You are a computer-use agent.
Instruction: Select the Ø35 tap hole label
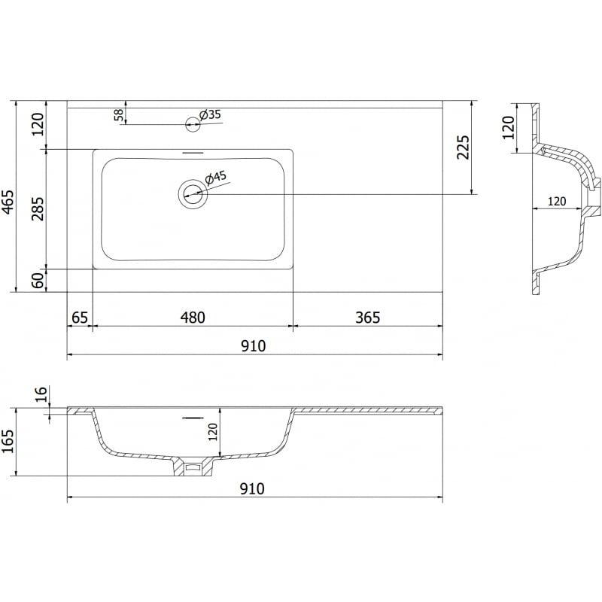point(209,114)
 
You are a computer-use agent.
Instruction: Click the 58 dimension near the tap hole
point(118,114)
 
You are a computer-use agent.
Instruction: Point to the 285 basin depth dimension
point(38,208)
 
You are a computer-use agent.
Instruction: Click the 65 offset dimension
point(79,318)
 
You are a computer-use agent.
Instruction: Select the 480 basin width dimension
point(193,318)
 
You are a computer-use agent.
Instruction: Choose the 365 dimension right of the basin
point(367,318)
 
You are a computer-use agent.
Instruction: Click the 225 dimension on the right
point(464,147)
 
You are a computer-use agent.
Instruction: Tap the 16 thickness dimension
point(41,393)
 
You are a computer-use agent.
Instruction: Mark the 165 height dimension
point(8,442)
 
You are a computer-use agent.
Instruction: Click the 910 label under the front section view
point(253,489)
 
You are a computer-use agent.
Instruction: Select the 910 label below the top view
point(253,346)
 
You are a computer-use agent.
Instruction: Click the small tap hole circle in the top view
point(192,124)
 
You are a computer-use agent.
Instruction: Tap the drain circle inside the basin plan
point(192,194)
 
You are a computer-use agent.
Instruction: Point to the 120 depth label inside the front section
point(213,431)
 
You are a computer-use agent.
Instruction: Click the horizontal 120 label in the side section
point(556,201)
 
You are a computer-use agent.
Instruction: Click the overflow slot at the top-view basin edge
point(193,153)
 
